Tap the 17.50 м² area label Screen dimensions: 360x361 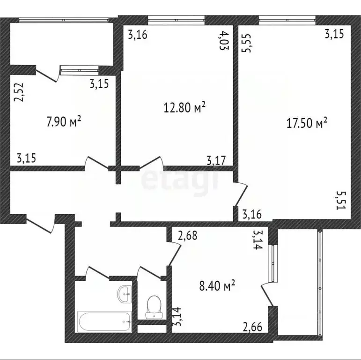pos(307,124)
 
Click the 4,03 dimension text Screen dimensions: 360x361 pos(224,40)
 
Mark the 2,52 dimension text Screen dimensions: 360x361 pos(19,92)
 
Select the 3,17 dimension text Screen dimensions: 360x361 pos(216,161)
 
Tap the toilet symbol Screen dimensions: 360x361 pos(153,307)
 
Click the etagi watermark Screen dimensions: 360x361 pos(180,180)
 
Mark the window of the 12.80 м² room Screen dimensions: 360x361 pos(176,20)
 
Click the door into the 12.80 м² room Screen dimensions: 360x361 pos(150,164)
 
